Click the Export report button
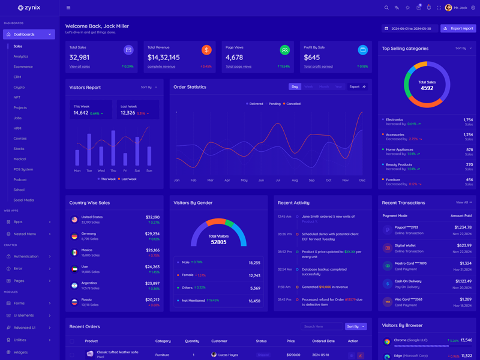pos(458,28)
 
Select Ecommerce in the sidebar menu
pos(23,67)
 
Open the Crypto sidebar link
pos(19,87)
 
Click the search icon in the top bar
pos(386,8)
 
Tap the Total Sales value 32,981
pos(80,58)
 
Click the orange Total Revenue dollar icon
pos(206,50)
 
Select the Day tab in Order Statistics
pos(295,86)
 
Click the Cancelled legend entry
pos(293,104)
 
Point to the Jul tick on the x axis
pos(278,180)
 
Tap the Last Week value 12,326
pos(128,113)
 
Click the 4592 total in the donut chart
pos(427,88)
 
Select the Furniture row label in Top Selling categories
pos(393,179)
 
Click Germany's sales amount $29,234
pos(152,234)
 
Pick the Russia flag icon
pos(74,302)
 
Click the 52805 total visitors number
pos(218,242)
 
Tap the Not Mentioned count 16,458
pos(254,301)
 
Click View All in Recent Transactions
pos(463,203)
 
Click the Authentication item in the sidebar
pos(26,256)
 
